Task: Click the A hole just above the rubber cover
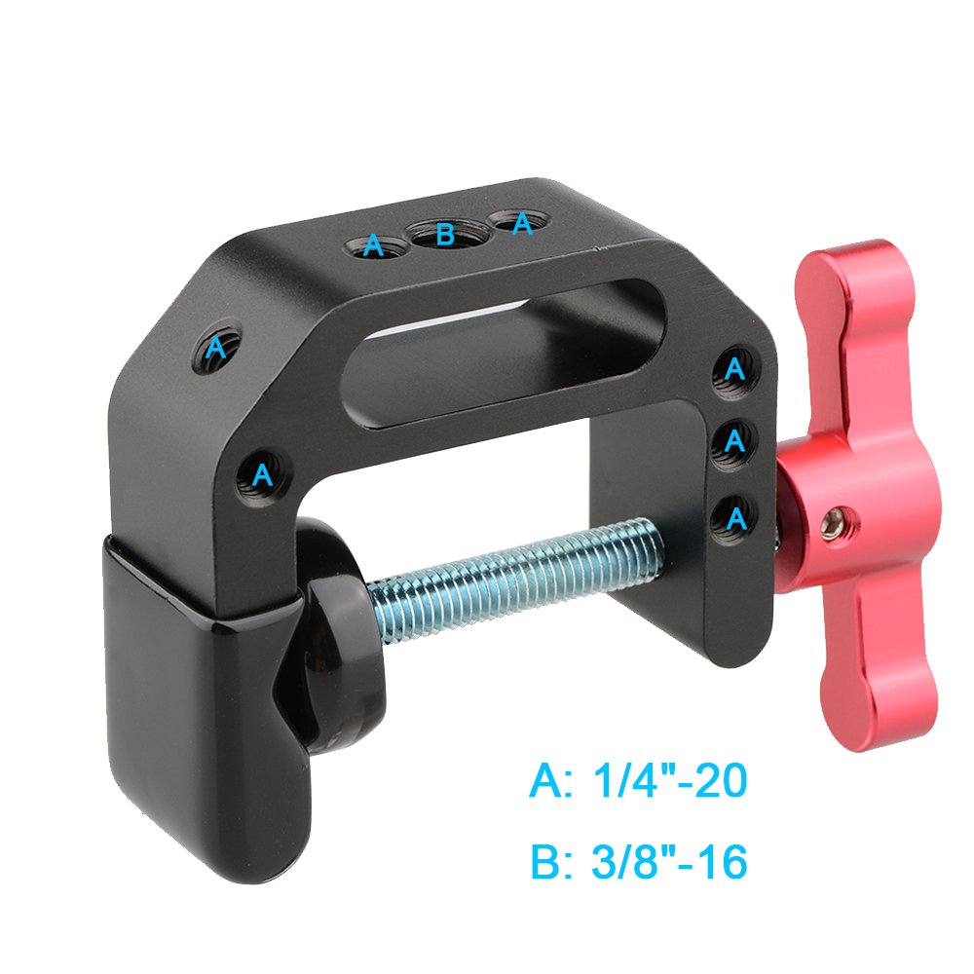tap(260, 475)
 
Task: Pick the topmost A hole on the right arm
tap(735, 369)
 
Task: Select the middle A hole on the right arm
tap(735, 441)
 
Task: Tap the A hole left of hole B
tap(374, 246)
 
